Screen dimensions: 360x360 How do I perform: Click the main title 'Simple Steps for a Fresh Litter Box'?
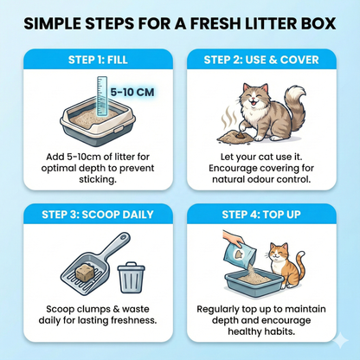click(x=179, y=22)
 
